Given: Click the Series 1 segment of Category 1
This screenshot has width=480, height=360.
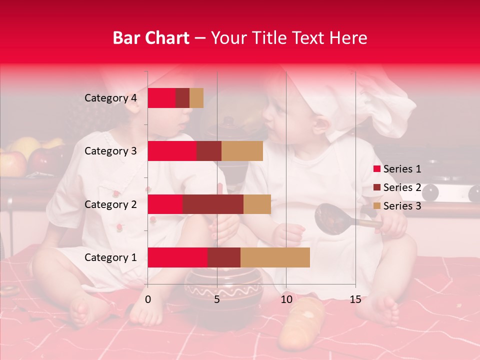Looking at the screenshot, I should (x=177, y=257).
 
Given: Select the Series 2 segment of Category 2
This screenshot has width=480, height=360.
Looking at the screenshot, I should (x=213, y=204).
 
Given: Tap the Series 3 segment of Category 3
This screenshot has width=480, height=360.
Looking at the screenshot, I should (x=242, y=151).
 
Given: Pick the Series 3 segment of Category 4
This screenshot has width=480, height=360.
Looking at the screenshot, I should (x=196, y=98).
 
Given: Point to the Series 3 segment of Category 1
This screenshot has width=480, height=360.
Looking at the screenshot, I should (x=275, y=257).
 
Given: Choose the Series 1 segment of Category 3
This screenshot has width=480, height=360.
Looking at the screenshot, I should (x=172, y=151).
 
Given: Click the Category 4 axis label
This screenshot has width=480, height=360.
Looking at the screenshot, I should (x=110, y=98).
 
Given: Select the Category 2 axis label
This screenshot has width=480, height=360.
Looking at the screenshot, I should (x=110, y=204).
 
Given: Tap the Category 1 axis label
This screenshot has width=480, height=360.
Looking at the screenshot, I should (x=110, y=257).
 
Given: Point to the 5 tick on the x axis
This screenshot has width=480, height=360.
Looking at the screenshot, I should (x=217, y=300).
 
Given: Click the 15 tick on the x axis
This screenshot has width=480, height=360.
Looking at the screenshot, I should (x=355, y=300).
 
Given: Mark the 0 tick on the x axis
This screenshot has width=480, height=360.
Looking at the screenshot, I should (x=148, y=300).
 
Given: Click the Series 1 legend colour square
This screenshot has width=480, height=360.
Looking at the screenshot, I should (x=376, y=169).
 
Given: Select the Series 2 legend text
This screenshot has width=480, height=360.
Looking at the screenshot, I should (x=402, y=187).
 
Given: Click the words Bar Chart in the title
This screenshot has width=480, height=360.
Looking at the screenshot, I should (x=151, y=38).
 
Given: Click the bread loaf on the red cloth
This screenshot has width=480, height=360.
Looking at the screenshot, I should (x=300, y=322).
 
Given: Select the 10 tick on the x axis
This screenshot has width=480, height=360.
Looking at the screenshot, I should (x=286, y=300).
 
